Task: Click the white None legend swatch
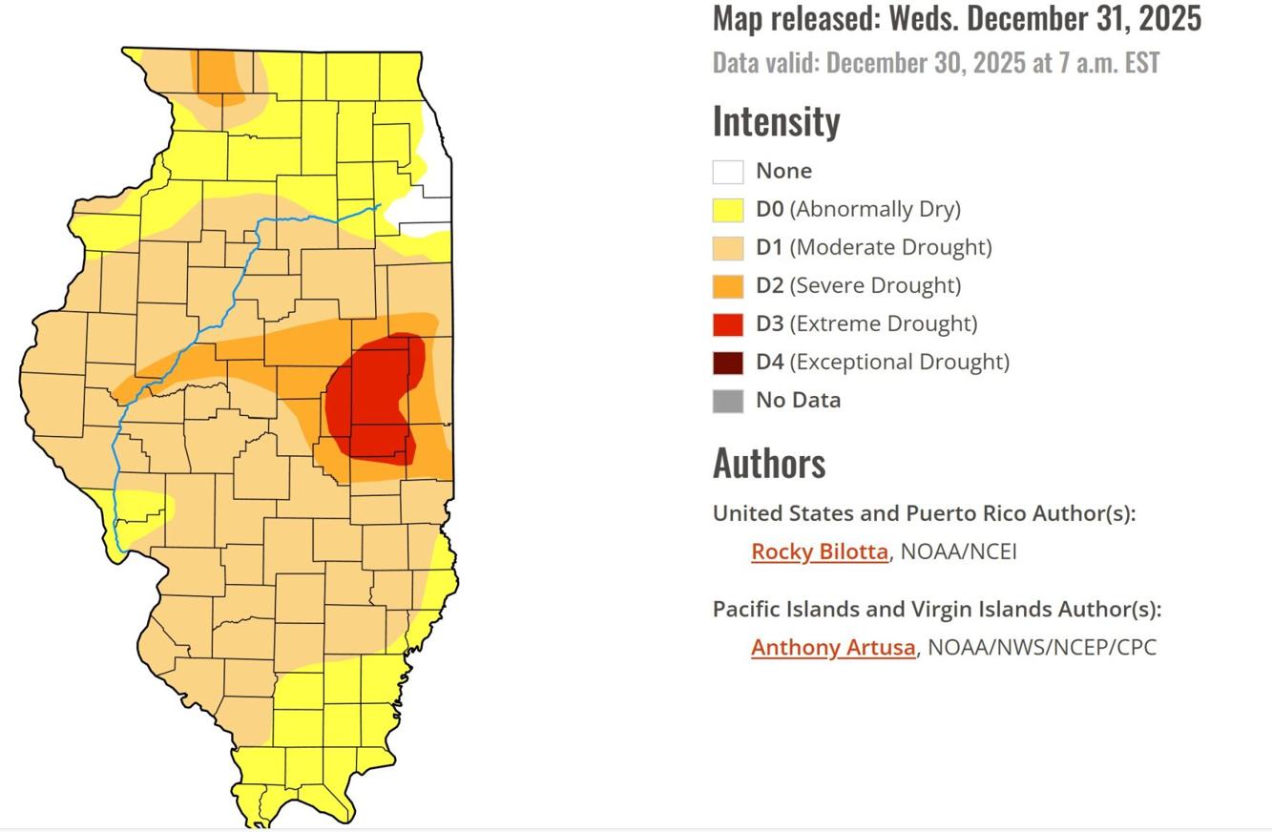tap(728, 172)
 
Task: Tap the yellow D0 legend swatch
tap(728, 210)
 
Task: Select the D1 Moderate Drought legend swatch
tap(728, 248)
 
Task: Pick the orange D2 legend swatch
tap(728, 286)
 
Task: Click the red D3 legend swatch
tap(728, 324)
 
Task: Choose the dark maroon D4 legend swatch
tap(728, 363)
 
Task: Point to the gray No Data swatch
tap(728, 401)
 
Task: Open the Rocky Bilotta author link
tap(819, 551)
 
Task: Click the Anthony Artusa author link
tap(832, 647)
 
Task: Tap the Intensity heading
tap(776, 121)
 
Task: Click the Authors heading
tap(768, 463)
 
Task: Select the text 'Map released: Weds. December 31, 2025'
tap(956, 18)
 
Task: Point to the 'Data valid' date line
tap(935, 63)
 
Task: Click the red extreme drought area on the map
tap(372, 401)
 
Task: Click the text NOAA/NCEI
tap(958, 551)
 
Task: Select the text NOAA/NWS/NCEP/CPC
tap(1041, 647)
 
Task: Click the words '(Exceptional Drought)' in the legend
tap(899, 363)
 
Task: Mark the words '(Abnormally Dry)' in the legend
tap(874, 210)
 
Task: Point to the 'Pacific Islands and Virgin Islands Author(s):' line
tap(936, 609)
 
